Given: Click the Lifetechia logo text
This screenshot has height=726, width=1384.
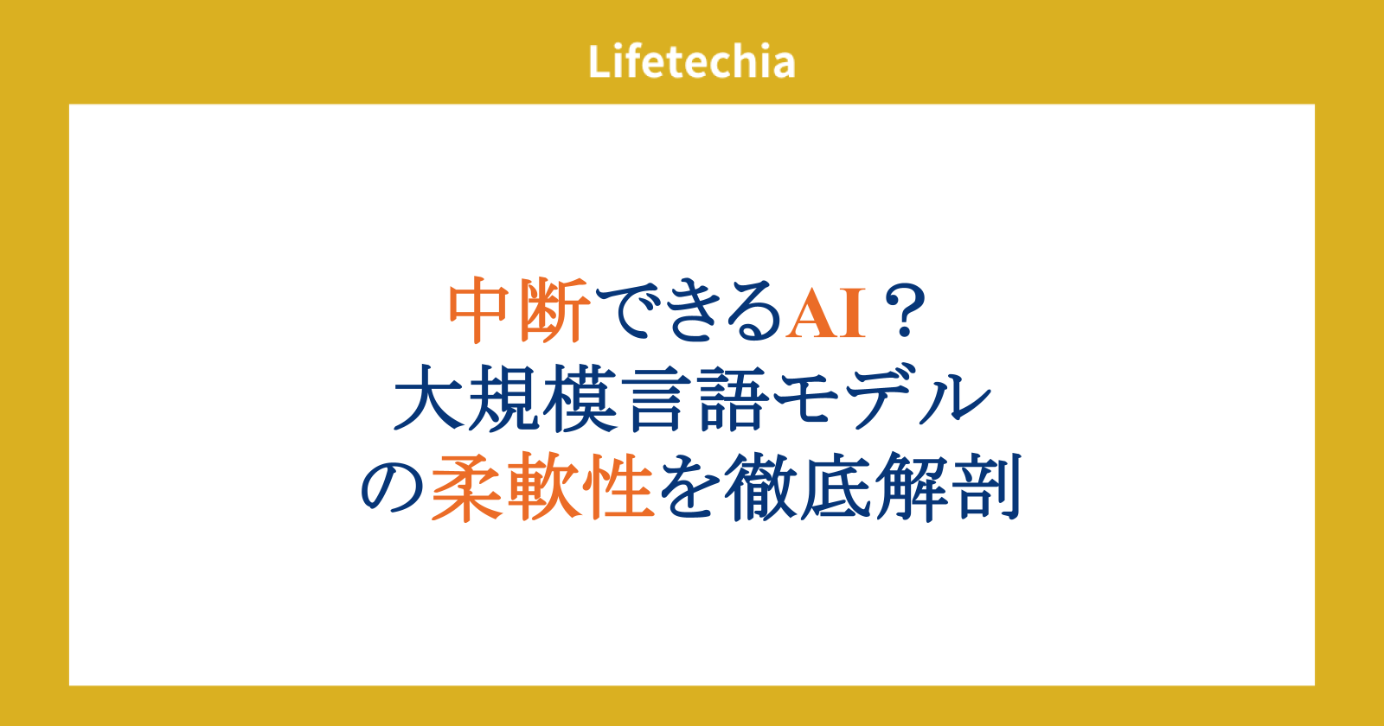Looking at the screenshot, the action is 691,61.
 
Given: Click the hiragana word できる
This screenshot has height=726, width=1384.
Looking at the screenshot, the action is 689,311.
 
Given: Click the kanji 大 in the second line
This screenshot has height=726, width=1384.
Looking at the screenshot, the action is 428,398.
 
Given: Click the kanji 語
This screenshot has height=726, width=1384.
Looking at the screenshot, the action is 733,398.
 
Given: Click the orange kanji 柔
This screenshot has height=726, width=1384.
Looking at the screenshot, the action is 466,487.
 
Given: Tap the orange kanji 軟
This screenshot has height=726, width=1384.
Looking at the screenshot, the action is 543,487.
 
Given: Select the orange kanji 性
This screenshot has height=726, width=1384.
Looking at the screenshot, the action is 620,487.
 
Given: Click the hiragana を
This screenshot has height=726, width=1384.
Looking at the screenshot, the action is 689,488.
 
